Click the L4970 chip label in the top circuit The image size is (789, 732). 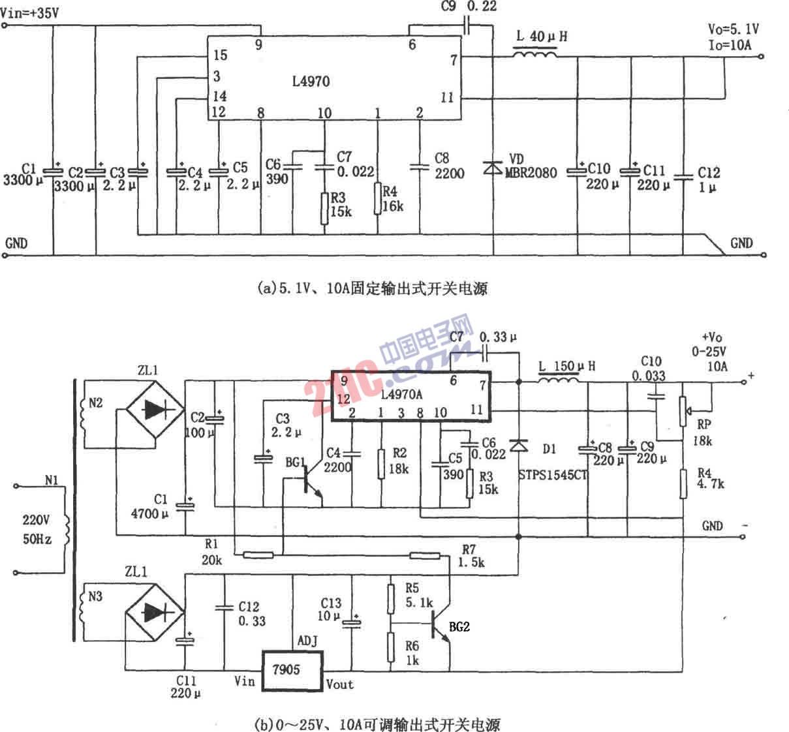(x=311, y=82)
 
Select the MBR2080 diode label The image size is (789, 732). (x=531, y=173)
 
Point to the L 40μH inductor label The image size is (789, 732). (x=541, y=37)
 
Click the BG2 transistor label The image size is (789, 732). (x=459, y=627)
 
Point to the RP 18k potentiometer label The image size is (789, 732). (x=702, y=434)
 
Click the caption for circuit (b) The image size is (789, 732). (x=378, y=724)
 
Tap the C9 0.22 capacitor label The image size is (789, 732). (x=468, y=7)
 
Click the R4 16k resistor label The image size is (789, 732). (x=392, y=199)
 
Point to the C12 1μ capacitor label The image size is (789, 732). (x=708, y=180)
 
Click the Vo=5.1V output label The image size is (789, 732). (x=733, y=30)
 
